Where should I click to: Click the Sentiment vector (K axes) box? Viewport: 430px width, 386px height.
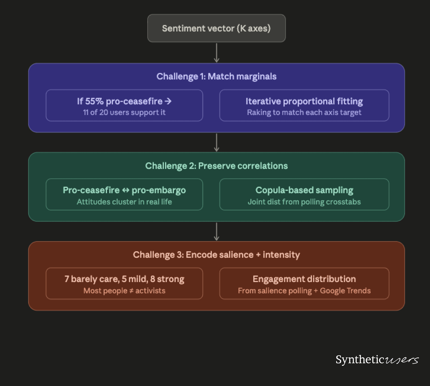(216, 28)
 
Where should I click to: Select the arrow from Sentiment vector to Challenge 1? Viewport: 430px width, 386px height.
(217, 53)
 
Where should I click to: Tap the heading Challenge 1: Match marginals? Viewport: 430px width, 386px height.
(216, 76)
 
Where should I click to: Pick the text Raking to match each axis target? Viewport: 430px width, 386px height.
(304, 112)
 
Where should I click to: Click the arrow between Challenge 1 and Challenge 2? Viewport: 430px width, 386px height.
(217, 142)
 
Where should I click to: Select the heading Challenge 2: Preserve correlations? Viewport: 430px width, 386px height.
(216, 166)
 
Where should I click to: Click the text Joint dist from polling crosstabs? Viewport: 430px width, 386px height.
(304, 202)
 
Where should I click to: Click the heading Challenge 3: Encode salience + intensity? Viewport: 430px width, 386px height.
(216, 255)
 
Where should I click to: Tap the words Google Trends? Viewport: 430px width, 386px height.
(345, 291)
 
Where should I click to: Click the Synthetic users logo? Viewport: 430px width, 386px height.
(377, 360)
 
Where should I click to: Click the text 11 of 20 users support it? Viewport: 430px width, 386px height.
(124, 112)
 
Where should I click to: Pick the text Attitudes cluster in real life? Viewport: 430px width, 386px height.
(124, 202)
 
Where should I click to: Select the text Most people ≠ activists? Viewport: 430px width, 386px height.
(124, 291)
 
